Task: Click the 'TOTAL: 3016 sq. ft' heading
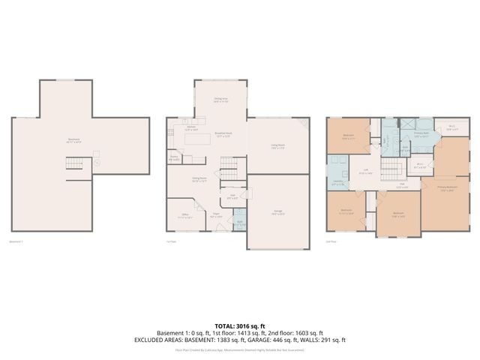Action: coord(240,325)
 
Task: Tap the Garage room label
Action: coord(277,213)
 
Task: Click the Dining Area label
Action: coord(220,100)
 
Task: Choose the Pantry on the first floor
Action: coord(174,158)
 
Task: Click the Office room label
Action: coord(174,216)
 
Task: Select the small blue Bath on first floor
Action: coord(239,223)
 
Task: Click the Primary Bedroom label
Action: coord(448,190)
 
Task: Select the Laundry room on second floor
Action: coord(338,184)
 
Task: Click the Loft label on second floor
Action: coord(366,172)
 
